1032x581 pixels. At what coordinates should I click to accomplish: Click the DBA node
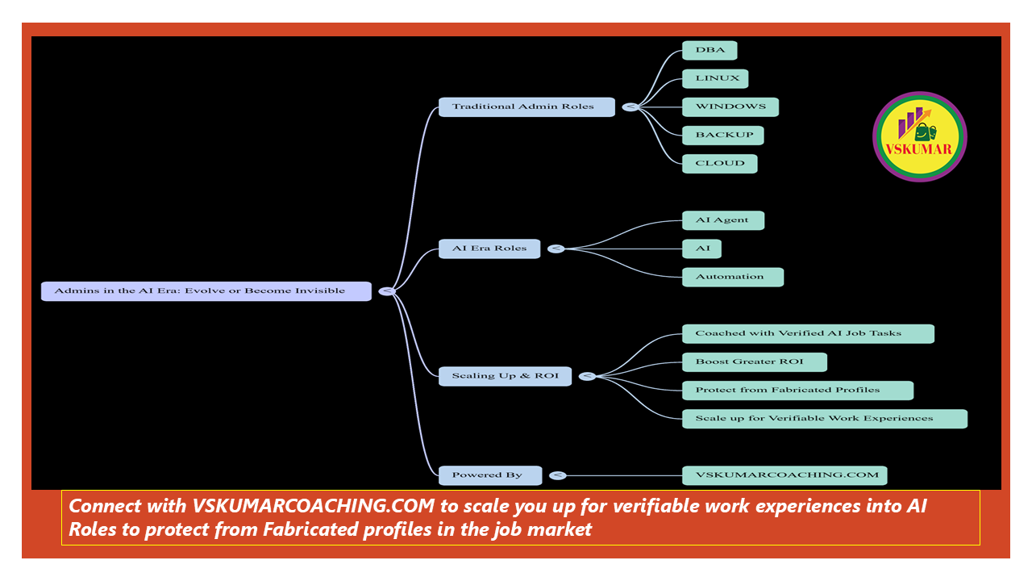coord(709,50)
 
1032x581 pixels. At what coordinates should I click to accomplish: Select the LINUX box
coord(715,78)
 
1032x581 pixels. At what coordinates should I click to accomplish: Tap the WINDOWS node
coord(730,107)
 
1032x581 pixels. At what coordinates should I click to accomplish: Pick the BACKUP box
coord(723,135)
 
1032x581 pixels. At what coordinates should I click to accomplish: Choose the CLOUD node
coord(720,163)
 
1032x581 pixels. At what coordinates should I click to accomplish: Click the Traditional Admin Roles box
coord(526,107)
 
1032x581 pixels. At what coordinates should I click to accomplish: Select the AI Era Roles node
coord(489,249)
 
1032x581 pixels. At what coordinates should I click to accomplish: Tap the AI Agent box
coord(722,220)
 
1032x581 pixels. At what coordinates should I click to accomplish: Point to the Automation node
coord(733,277)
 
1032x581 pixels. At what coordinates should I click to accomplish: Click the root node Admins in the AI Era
coord(206,290)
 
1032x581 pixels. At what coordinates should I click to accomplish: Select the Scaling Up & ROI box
coord(505,376)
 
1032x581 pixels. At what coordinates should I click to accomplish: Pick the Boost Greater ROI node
coord(755,362)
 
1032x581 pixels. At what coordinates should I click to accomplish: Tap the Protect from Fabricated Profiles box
coord(797,391)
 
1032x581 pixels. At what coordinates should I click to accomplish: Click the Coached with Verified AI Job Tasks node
coord(808,333)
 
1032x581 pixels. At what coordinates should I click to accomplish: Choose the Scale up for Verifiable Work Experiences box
coord(824,419)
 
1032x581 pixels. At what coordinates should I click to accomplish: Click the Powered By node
coord(489,475)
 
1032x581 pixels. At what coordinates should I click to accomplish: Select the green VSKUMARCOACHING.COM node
coord(784,475)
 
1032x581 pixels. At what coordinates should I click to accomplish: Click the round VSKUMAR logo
coord(919,136)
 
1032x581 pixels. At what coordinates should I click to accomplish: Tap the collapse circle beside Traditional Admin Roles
coord(630,107)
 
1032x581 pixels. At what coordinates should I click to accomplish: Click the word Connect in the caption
coord(98,507)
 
